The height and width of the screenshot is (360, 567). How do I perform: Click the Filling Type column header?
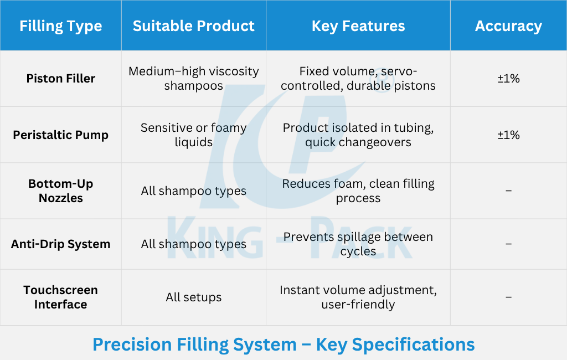click(x=61, y=26)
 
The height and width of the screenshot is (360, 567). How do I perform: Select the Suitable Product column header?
click(x=193, y=26)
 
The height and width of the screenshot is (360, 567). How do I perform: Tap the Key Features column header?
click(x=358, y=26)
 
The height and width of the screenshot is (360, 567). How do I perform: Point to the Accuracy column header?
click(x=508, y=26)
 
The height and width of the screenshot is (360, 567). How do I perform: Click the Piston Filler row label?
click(x=61, y=79)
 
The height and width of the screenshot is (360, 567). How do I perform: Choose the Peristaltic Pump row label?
click(x=61, y=135)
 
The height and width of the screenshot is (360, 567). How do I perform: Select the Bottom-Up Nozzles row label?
click(x=61, y=191)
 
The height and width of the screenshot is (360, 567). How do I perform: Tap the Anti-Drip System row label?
click(x=61, y=244)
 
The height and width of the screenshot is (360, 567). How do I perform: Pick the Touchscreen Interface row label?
click(x=61, y=297)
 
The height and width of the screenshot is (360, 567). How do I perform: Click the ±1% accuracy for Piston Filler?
click(x=508, y=79)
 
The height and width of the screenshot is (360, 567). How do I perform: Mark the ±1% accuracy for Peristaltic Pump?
click(x=508, y=135)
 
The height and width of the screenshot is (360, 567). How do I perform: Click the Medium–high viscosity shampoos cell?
click(x=193, y=79)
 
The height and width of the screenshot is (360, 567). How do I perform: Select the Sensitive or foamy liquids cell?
click(x=193, y=135)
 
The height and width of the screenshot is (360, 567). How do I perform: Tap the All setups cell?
click(x=193, y=297)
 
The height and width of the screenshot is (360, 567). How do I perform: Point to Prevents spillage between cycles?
click(x=358, y=244)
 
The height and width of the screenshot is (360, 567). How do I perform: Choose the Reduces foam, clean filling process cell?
click(x=358, y=191)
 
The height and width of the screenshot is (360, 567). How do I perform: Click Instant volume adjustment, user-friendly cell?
click(x=358, y=297)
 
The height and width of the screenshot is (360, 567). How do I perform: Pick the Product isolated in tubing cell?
click(x=358, y=135)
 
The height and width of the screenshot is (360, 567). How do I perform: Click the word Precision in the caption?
click(x=132, y=344)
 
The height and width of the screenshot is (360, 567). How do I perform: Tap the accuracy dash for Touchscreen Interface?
click(x=508, y=297)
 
